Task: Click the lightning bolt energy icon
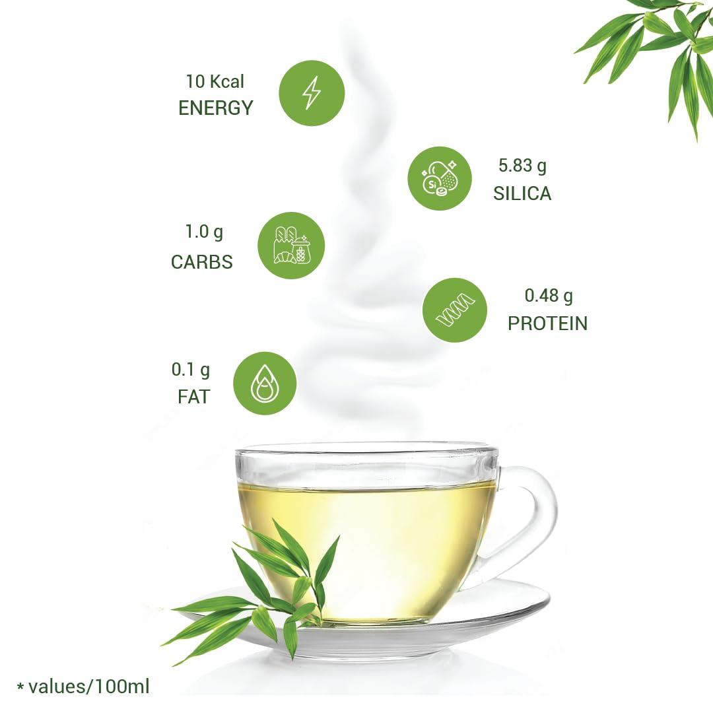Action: tap(312, 93)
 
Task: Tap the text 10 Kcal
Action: tap(215, 82)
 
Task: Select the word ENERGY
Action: tap(216, 108)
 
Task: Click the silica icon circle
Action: tap(439, 178)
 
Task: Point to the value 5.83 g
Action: tap(522, 166)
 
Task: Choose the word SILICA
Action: tap(522, 193)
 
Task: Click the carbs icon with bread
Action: tap(290, 246)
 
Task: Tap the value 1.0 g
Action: tap(204, 232)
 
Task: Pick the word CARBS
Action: tap(202, 262)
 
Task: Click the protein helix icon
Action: tap(455, 310)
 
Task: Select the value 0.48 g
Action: tap(549, 296)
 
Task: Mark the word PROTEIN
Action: tap(547, 323)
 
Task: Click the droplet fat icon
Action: tap(264, 384)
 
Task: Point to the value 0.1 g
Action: tap(191, 370)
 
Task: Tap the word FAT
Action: tap(193, 397)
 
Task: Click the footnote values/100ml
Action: tap(83, 687)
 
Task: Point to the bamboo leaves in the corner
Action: tap(660, 46)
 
